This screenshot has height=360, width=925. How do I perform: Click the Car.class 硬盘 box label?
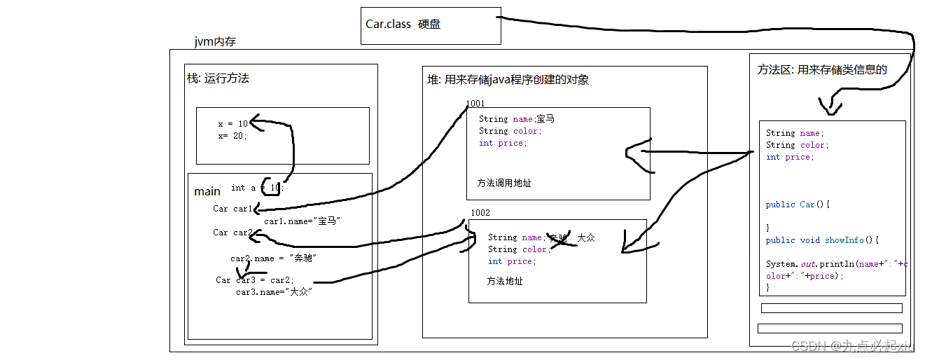(403, 25)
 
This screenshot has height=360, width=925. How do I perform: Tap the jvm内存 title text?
(215, 42)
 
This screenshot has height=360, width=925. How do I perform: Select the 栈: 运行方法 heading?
(218, 78)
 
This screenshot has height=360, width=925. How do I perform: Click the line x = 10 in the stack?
(232, 124)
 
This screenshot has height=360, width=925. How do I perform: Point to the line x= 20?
(232, 136)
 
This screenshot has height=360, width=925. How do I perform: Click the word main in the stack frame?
(207, 191)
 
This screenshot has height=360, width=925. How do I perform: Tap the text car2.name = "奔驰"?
(274, 258)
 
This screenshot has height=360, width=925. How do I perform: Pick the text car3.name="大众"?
(274, 291)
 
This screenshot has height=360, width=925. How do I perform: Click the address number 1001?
(475, 104)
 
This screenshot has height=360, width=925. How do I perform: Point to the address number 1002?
(480, 212)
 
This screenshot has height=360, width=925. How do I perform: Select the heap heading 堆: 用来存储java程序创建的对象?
(508, 80)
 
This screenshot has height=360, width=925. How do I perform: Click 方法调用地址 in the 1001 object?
(503, 183)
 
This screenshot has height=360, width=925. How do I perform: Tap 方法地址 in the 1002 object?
(504, 281)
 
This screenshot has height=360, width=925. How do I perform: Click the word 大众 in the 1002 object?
(586, 238)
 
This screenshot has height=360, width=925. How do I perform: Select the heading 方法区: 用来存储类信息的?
(822, 69)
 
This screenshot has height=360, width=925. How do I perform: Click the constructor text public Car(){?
(798, 205)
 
